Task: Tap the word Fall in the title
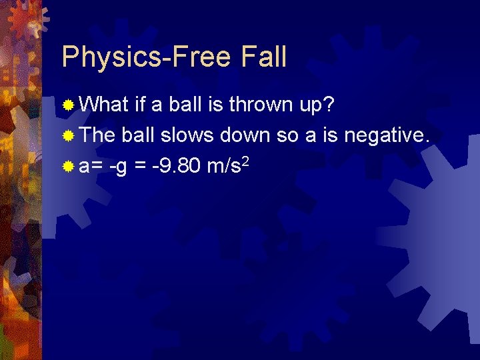[x=262, y=57]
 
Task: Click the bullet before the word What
[x=68, y=105]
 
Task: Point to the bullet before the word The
[x=68, y=136]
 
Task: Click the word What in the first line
[x=103, y=105]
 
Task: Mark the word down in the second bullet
[x=247, y=135]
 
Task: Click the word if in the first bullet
[x=139, y=105]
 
